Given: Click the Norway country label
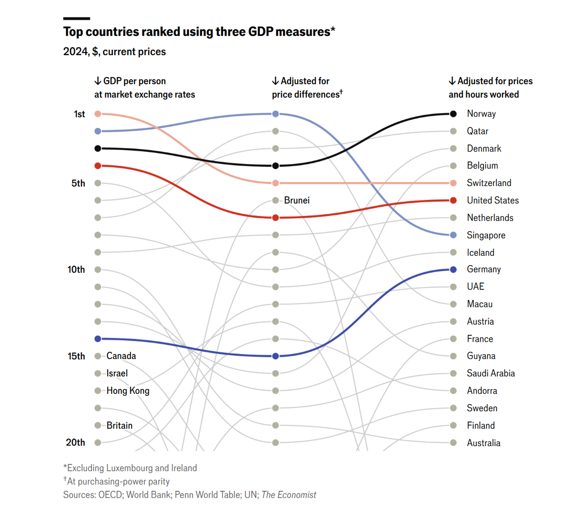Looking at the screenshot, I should point(481,114).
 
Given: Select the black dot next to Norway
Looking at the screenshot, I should point(453,114).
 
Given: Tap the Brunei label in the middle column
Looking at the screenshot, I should point(297,200).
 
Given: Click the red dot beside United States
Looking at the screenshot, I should point(453,200).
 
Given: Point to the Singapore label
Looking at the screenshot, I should point(486,235).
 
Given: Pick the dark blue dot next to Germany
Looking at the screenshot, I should point(453,270).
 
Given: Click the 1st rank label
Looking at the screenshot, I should point(79,114).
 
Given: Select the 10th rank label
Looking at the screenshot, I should point(76,270).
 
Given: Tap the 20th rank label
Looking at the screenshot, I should point(75,442).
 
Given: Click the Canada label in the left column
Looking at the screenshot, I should point(121,356).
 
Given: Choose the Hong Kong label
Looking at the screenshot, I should point(128,391).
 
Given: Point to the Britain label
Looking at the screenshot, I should point(119,425).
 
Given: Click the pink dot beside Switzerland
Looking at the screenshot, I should point(453,183).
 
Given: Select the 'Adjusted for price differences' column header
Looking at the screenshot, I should point(307,88).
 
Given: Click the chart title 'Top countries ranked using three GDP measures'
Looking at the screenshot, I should point(199,32).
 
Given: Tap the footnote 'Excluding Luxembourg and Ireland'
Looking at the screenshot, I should point(130,468).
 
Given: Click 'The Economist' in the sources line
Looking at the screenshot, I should point(288,495).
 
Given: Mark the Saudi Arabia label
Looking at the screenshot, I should point(490,373).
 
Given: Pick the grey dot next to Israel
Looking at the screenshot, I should point(98,373).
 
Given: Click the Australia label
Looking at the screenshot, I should point(483,443).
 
